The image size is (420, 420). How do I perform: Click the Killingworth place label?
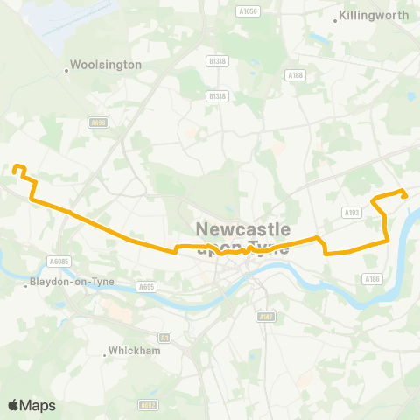coord(374,16)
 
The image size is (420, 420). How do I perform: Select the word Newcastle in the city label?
coord(244,229)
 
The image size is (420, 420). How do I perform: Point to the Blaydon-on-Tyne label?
coord(66,283)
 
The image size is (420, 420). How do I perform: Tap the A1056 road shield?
coord(248,11)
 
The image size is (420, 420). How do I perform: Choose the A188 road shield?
coord(297,75)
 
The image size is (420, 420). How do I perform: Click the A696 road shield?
coord(98,122)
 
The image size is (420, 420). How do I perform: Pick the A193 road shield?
coord(353,212)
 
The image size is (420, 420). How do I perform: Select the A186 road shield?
coord(372,278)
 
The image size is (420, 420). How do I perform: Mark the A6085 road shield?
coord(59,262)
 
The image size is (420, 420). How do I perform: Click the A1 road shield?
coord(164,337)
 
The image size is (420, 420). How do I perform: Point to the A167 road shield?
coord(267,315)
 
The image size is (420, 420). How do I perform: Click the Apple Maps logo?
coord(31,405)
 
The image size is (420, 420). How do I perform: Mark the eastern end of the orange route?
coord(404,195)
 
